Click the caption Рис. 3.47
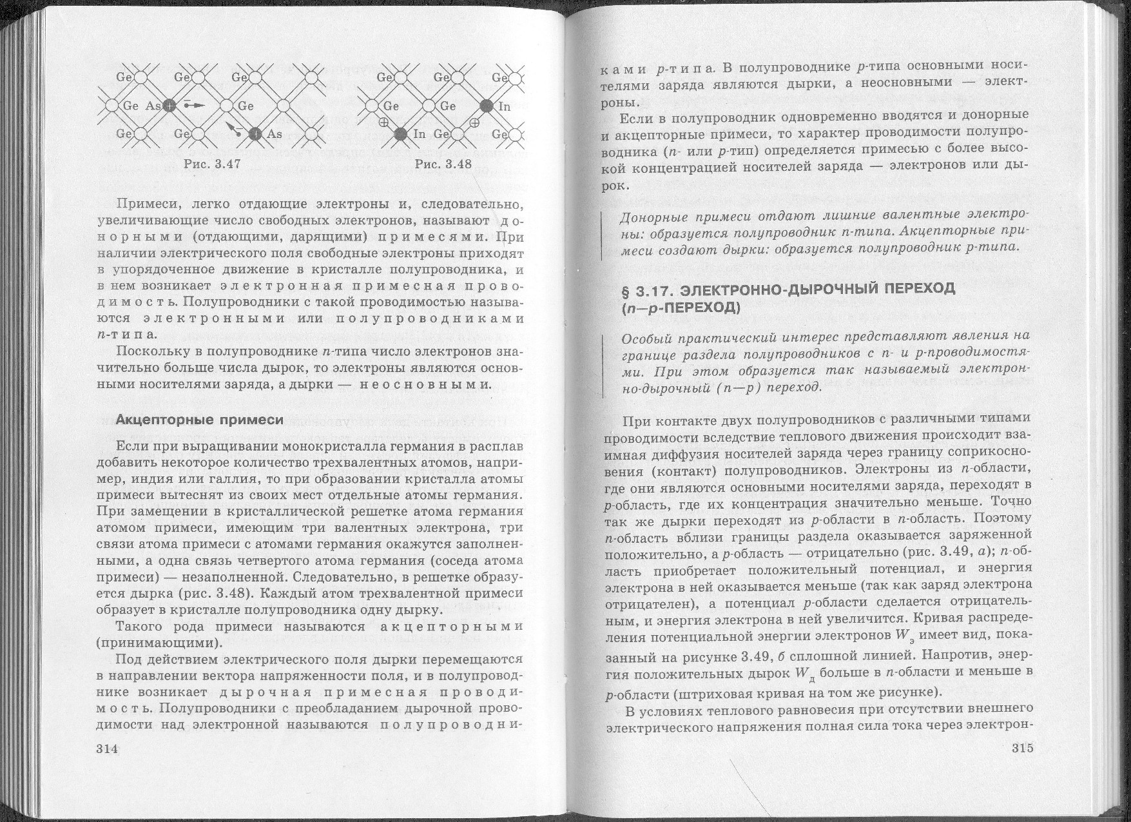click(x=212, y=164)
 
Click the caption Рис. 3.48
click(x=443, y=164)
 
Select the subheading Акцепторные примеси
click(x=200, y=420)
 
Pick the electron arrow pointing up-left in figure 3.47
click(x=232, y=130)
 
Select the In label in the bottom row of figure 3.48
click(x=420, y=134)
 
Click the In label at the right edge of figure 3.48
click(x=505, y=106)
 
